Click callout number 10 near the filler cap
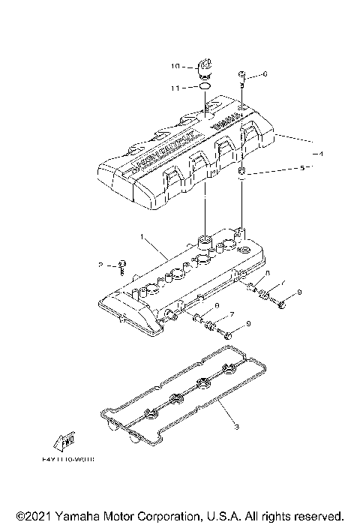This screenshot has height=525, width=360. (x=175, y=67)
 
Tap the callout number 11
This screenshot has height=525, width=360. (x=175, y=88)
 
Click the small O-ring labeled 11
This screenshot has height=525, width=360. (x=202, y=88)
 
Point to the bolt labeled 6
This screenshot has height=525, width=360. (x=241, y=75)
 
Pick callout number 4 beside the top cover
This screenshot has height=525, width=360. (x=319, y=153)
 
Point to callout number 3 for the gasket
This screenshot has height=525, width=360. (x=235, y=427)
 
